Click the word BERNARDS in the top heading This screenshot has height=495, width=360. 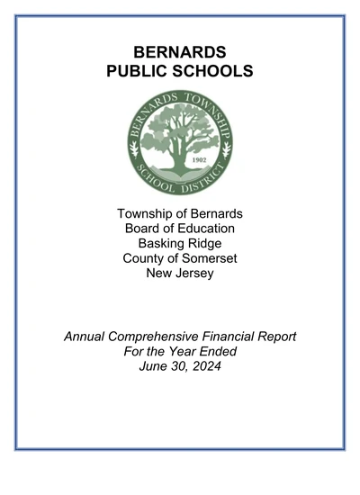coord(180,51)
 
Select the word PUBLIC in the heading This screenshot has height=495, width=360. coord(138,70)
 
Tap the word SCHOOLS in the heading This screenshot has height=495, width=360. coord(213,70)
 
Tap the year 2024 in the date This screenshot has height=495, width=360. coord(203,366)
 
